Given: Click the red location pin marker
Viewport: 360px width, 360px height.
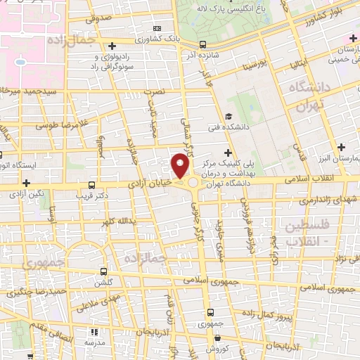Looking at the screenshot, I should tap(181, 167).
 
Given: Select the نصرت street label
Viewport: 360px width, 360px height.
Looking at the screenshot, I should tap(153, 91).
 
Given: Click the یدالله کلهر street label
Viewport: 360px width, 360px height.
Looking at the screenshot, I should tap(117, 222).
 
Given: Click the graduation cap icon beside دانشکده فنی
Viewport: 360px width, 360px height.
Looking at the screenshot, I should tap(228, 117).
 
